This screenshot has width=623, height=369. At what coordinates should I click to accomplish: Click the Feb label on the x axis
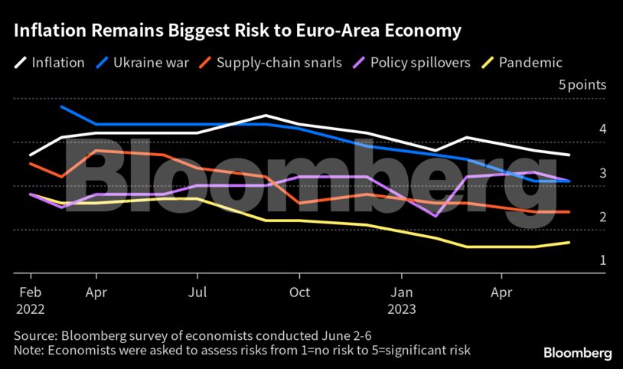point(29,292)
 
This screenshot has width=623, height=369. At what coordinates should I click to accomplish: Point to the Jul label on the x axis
point(197,292)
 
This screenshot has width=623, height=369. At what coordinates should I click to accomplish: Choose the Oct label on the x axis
point(299,292)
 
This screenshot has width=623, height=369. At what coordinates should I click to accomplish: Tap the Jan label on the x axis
point(402,292)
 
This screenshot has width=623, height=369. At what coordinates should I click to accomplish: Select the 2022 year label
point(31,309)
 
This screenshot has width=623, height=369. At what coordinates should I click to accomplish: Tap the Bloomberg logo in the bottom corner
point(577,353)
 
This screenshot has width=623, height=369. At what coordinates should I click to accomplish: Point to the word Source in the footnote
point(33,335)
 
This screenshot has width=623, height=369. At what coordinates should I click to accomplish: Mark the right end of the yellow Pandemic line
point(569,243)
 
